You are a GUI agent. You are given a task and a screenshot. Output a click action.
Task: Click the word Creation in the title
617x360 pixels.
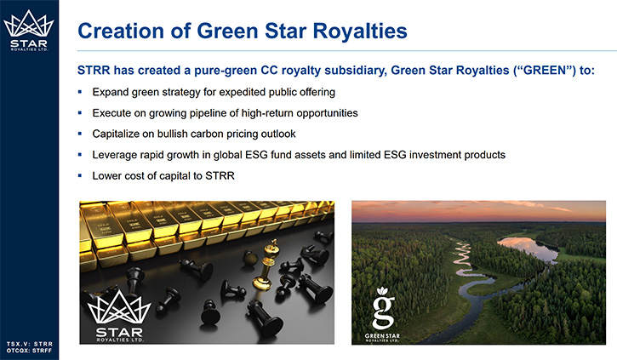click(121, 31)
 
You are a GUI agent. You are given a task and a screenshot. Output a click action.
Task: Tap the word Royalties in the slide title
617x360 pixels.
click(360, 31)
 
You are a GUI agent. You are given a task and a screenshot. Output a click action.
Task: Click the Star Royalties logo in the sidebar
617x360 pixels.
click(29, 31)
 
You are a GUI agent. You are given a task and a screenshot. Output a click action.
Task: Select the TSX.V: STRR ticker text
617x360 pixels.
click(29, 344)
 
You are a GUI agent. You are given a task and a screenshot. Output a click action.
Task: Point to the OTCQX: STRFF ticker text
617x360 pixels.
click(29, 350)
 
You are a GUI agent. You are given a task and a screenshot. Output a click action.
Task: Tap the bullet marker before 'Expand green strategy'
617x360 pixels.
click(80, 92)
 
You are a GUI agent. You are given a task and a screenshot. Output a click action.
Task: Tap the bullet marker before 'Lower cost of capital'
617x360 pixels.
click(80, 175)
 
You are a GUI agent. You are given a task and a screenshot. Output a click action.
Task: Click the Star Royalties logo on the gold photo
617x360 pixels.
click(119, 316)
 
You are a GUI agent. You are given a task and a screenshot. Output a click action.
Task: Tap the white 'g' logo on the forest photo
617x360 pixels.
click(383, 308)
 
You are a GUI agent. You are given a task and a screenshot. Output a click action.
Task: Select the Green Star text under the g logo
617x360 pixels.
click(382, 337)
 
